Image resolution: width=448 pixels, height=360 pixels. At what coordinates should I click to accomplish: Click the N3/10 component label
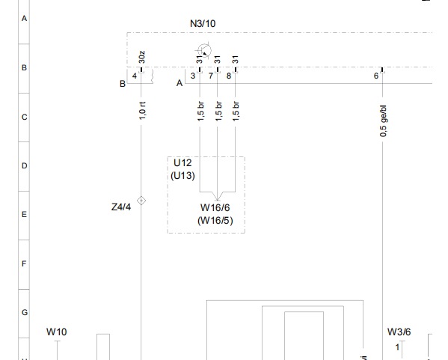(203, 23)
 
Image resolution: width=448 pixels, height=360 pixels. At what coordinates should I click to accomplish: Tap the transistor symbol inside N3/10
(204, 51)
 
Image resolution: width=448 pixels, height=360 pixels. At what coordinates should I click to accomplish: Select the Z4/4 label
(121, 207)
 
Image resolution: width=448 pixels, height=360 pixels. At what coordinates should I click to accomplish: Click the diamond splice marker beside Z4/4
(141, 201)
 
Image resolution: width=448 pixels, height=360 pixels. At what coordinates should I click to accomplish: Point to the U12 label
(182, 162)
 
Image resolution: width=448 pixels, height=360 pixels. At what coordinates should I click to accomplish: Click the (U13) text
(182, 175)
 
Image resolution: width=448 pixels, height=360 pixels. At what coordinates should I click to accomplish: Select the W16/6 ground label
(215, 207)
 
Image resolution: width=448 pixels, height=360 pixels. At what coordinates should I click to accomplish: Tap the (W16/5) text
(215, 221)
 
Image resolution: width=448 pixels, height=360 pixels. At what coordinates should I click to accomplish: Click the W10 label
(57, 332)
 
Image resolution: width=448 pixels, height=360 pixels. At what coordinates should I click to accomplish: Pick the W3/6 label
(399, 332)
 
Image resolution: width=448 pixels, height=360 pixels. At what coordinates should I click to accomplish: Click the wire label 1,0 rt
(142, 111)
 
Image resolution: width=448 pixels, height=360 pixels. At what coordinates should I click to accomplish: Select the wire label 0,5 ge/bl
(384, 121)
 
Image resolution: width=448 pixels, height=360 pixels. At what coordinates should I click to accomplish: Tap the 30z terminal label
(141, 57)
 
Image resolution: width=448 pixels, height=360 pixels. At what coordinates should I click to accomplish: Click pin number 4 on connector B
(135, 76)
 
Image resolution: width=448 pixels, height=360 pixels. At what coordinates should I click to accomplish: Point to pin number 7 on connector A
(211, 76)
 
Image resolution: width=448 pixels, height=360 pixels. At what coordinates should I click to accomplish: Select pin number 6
(376, 76)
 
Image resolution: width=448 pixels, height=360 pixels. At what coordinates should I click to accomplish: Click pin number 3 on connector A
(193, 76)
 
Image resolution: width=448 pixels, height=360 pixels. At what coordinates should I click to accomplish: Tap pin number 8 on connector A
(229, 76)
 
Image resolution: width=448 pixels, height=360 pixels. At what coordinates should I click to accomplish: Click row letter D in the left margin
(24, 166)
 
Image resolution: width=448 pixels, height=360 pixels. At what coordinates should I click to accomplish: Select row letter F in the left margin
(24, 263)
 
